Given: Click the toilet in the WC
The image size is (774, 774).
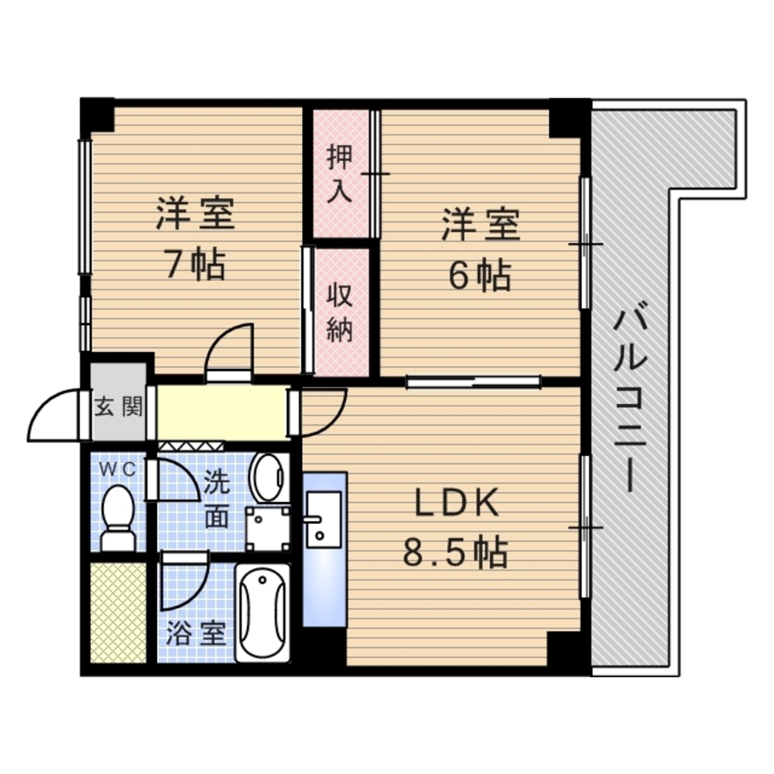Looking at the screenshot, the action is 118,518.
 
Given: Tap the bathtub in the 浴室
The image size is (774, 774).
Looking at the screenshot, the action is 262,612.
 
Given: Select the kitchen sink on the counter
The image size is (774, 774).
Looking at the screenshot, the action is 324,519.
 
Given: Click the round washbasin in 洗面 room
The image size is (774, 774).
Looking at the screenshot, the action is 269,478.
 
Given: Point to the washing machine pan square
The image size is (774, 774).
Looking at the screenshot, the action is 268,529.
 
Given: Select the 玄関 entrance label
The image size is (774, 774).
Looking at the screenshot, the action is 118,407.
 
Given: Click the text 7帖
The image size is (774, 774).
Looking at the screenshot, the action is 196,265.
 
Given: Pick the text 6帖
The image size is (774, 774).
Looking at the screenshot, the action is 479,276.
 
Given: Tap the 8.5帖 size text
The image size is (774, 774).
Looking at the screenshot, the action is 455,552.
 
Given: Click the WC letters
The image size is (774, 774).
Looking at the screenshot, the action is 118,470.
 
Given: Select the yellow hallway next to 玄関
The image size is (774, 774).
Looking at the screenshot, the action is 221,413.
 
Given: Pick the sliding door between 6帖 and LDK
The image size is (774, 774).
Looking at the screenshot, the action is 474,381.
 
